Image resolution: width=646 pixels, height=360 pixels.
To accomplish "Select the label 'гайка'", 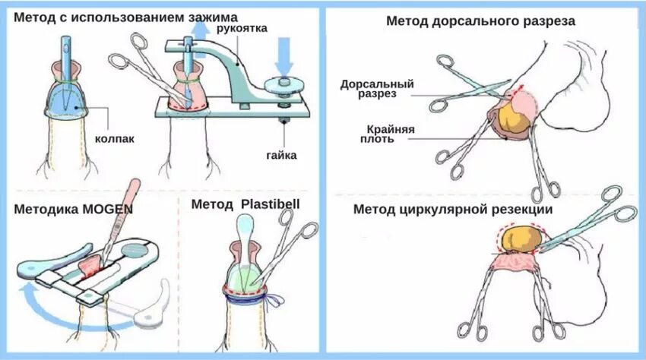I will click(x=282, y=155).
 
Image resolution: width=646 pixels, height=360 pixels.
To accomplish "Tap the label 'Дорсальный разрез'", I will click(x=367, y=88).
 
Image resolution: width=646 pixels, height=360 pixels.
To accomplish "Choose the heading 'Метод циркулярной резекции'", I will click(x=453, y=209).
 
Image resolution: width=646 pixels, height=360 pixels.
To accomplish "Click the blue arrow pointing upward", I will click(x=200, y=32).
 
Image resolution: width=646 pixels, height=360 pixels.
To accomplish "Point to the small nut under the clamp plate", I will click(x=283, y=120).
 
